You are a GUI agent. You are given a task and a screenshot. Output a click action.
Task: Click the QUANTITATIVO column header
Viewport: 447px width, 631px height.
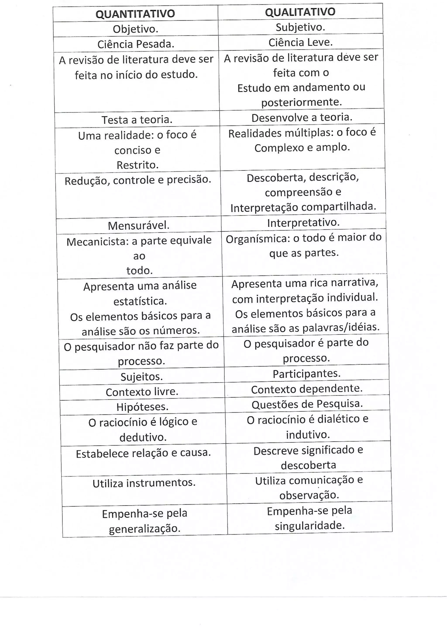click(135, 14)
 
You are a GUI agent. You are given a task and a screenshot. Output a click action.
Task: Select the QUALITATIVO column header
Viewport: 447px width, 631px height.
click(300, 12)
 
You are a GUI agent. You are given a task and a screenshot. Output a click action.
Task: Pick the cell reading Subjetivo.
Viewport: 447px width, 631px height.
click(300, 27)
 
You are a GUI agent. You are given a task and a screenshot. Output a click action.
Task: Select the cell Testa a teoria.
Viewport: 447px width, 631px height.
click(137, 120)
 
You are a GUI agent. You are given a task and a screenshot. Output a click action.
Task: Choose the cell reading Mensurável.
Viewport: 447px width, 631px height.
click(138, 226)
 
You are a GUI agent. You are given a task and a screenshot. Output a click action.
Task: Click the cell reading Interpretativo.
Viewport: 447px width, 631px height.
click(303, 222)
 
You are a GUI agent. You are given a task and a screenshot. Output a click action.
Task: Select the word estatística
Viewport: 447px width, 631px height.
click(140, 301)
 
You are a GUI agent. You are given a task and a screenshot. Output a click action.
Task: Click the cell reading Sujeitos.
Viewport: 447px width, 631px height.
click(141, 376)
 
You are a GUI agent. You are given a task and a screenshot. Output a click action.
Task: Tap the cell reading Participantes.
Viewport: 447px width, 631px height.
click(307, 374)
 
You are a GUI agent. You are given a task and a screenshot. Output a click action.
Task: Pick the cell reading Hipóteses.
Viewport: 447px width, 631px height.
click(142, 407)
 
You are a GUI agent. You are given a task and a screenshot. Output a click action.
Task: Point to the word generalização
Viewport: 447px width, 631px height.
click(144, 529)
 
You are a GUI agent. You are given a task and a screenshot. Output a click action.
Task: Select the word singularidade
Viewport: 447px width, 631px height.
click(310, 526)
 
